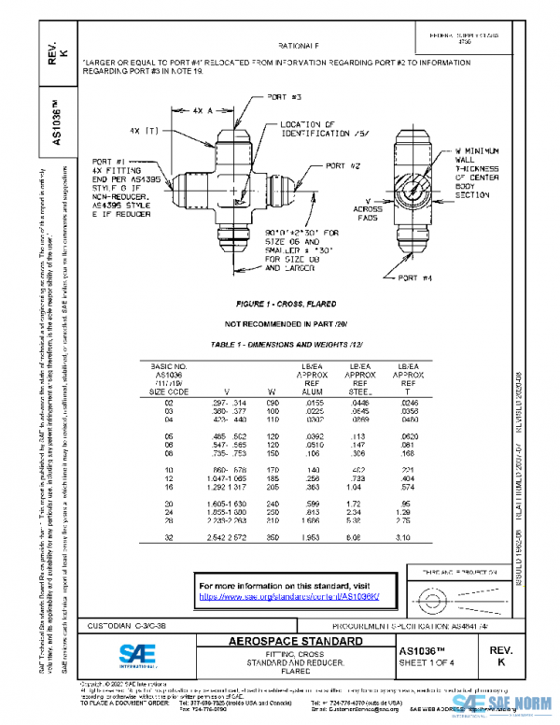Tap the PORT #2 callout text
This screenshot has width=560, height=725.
tap(343, 165)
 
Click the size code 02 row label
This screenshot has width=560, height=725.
tap(170, 402)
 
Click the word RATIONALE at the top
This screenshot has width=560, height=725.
tap(298, 45)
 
